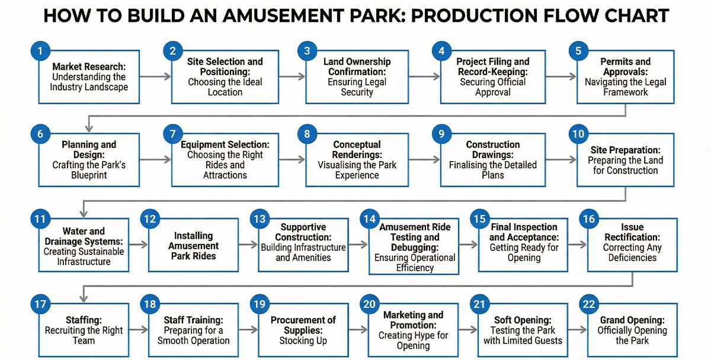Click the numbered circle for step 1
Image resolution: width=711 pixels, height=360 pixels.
tap(40, 51)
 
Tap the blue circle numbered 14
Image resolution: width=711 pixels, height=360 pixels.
tap(370, 219)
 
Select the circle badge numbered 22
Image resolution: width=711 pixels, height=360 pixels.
tap(589, 304)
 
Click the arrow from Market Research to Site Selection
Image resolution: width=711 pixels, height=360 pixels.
tap(155, 76)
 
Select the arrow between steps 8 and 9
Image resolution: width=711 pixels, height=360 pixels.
tap(424, 159)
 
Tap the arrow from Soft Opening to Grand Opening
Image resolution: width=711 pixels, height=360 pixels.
tap(577, 330)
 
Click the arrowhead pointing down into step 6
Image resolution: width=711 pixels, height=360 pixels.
tap(89, 128)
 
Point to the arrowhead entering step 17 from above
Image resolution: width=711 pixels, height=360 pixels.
tap(84, 298)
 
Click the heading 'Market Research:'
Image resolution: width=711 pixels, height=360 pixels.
tap(89, 66)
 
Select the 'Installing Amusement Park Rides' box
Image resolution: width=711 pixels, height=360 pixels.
tap(193, 245)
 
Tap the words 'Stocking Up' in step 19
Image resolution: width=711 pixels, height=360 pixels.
tap(303, 340)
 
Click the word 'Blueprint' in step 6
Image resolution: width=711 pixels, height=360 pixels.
tap(89, 175)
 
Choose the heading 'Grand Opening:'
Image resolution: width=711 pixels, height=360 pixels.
tap(632, 320)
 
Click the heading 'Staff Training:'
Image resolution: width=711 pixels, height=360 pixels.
tap(193, 320)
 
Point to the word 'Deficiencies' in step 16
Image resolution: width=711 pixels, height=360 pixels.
tap(632, 258)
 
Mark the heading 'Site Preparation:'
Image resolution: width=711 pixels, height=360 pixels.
tap(625, 150)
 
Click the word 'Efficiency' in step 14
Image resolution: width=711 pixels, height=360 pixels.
tap(415, 268)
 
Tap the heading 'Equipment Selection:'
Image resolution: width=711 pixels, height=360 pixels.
tap(225, 144)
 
